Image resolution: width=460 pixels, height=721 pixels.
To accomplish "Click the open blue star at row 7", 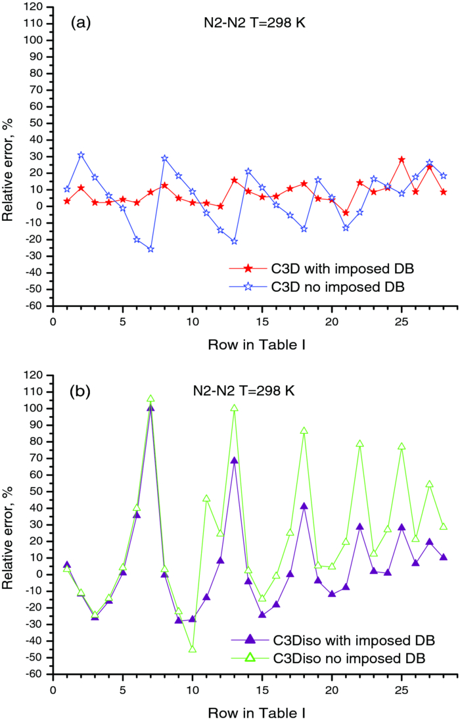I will (150, 249).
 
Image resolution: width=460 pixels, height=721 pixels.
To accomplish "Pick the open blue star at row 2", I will (81, 155).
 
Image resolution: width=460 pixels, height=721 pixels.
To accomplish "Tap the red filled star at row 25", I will (402, 160).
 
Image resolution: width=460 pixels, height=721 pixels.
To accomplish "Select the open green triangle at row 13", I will (234, 408).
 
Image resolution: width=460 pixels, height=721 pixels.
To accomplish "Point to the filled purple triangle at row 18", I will (304, 506).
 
